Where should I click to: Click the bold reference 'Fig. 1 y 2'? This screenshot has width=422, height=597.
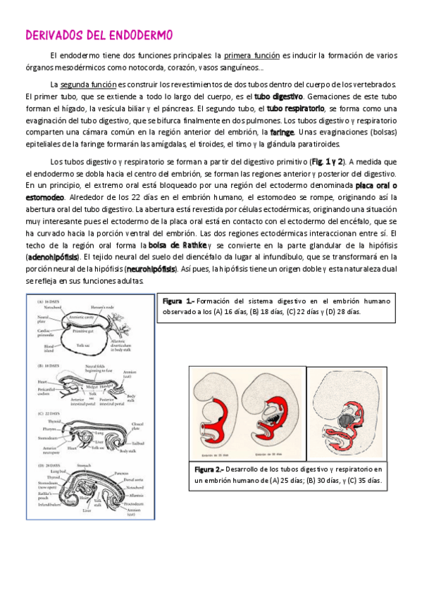[x=329, y=161]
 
